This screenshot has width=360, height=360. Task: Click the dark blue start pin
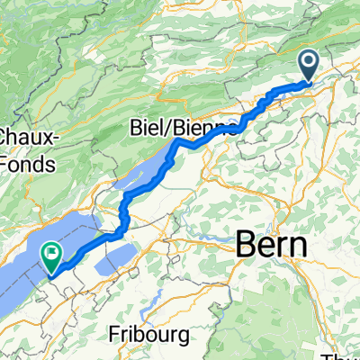[309, 66]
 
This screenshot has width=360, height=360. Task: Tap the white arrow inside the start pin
[309, 62]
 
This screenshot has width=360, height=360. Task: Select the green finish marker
[52, 259]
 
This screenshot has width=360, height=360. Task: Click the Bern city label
[271, 244]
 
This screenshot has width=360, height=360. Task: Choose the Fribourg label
[153, 335]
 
